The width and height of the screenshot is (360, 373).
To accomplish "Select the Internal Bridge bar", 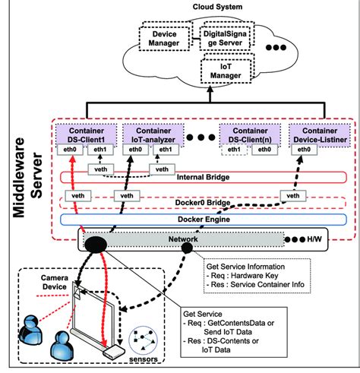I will coord(194,178).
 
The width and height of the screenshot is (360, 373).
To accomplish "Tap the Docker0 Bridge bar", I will coord(194,204).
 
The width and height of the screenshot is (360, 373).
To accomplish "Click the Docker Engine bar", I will coord(194,220).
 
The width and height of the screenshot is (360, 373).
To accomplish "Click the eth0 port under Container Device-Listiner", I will coord(302,150).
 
